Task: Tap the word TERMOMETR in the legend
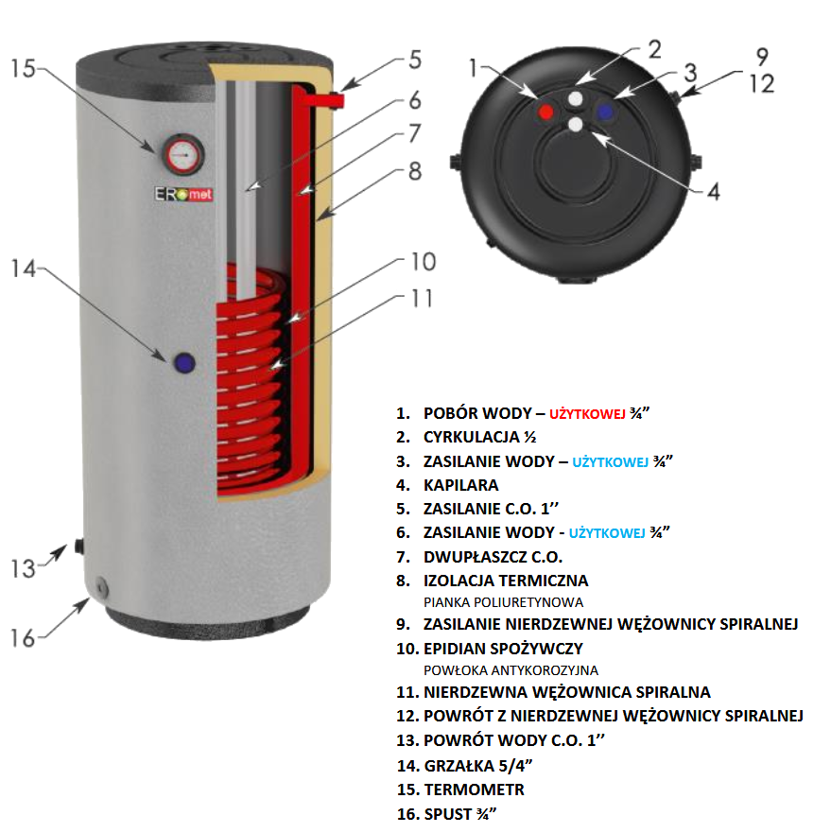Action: (x=474, y=789)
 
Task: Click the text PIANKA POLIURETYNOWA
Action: (x=503, y=601)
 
